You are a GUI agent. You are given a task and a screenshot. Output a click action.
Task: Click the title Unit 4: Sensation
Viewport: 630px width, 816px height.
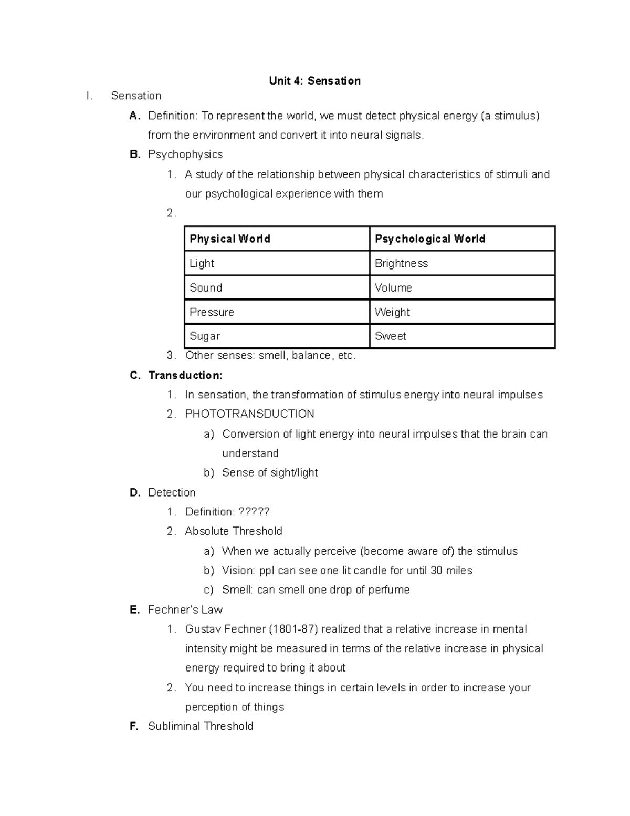pyautogui.click(x=314, y=81)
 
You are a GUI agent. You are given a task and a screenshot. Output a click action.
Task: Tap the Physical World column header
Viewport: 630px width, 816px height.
pyautogui.click(x=229, y=239)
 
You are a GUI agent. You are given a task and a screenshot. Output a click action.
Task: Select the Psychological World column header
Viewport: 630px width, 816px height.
pyautogui.click(x=429, y=239)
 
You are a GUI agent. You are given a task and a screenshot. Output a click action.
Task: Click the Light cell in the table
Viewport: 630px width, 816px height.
pyautogui.click(x=202, y=263)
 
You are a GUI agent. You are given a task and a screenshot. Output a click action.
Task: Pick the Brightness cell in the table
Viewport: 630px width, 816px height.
pyautogui.click(x=401, y=263)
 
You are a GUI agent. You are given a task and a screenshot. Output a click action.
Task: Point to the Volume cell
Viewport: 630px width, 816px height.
pyautogui.click(x=393, y=288)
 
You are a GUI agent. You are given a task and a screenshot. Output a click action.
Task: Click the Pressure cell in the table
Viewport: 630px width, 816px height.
pyautogui.click(x=212, y=312)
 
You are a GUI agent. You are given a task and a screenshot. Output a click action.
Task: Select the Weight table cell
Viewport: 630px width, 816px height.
pyautogui.click(x=392, y=312)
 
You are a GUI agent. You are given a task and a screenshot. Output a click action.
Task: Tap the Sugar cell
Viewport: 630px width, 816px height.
pyautogui.click(x=205, y=336)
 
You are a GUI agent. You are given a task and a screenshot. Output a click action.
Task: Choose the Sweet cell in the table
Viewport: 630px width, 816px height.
pyautogui.click(x=390, y=336)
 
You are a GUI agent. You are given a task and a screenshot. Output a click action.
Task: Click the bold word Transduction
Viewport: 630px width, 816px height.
pyautogui.click(x=185, y=375)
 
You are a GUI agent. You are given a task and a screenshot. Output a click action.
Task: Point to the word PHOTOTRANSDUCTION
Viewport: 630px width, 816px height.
pyautogui.click(x=249, y=414)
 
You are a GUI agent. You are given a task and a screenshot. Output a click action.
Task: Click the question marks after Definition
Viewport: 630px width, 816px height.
pyautogui.click(x=254, y=512)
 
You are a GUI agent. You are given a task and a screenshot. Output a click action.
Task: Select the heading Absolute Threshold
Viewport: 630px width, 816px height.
pyautogui.click(x=234, y=531)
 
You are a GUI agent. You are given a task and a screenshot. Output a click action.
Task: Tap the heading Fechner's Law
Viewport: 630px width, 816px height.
pyautogui.click(x=185, y=610)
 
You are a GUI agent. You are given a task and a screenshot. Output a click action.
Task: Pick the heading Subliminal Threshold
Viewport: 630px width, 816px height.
pyautogui.click(x=201, y=726)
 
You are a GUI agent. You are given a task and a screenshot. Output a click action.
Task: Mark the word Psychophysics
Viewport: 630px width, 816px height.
pyautogui.click(x=185, y=154)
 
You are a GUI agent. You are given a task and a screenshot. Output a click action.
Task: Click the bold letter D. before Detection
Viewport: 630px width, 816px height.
pyautogui.click(x=135, y=492)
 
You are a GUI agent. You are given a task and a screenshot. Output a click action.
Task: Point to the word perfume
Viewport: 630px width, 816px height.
pyautogui.click(x=389, y=590)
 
